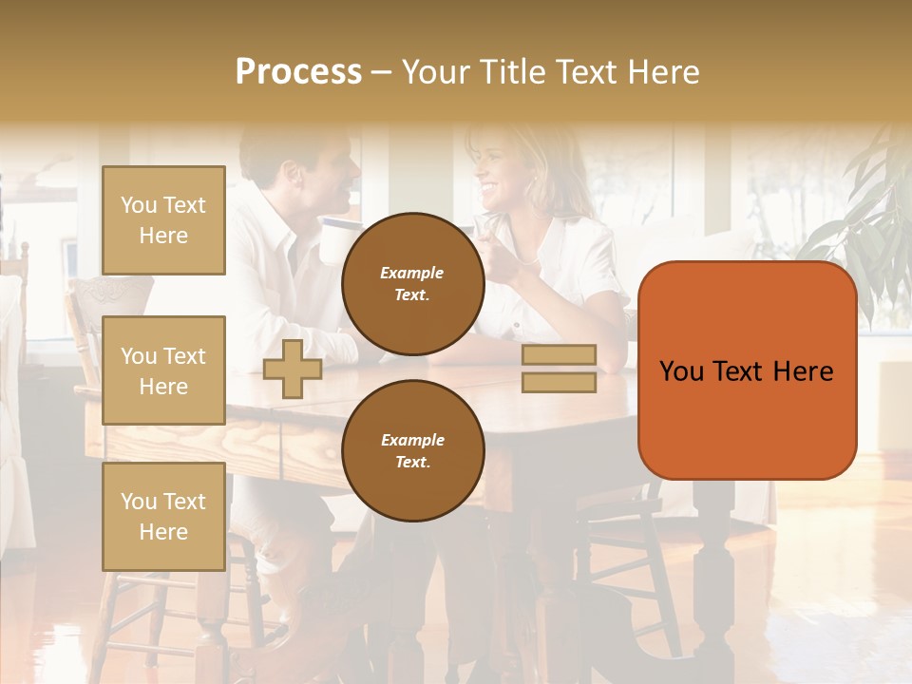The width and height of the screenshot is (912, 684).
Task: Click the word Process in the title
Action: pos(298,72)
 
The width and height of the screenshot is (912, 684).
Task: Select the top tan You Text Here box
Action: pos(163,220)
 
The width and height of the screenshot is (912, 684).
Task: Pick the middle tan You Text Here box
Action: pos(163,370)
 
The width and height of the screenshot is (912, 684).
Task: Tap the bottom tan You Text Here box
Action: pos(163,516)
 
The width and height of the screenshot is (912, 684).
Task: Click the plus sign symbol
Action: pos(293,369)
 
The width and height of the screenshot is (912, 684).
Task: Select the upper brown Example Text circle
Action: pos(412,283)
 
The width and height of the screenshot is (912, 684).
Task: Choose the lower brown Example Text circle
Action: pos(412,450)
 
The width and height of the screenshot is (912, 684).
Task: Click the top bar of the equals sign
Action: pos(559,354)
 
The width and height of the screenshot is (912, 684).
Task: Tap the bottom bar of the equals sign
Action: pos(559,382)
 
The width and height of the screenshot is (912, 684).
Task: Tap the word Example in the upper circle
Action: pos(411,273)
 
